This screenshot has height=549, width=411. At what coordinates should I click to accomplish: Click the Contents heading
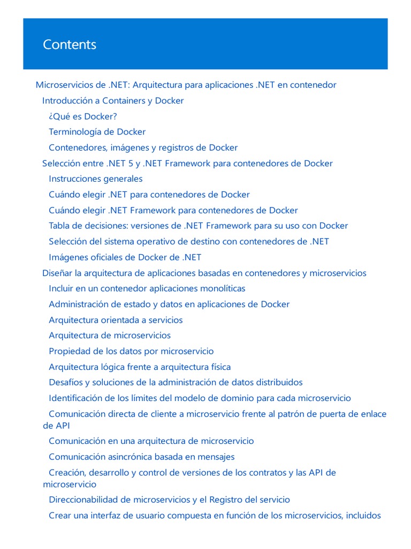point(70,44)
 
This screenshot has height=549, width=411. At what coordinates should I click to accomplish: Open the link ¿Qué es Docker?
point(82,116)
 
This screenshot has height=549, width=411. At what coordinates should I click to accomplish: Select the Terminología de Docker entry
point(97,132)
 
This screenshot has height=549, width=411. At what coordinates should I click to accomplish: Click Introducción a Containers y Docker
point(113,101)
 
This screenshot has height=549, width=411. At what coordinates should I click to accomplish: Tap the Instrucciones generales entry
point(95,179)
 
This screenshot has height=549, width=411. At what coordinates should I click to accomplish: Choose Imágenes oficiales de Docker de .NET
point(125,257)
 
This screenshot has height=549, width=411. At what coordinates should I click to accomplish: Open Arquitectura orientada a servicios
point(116,320)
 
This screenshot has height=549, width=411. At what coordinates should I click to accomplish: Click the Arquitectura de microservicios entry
point(110,336)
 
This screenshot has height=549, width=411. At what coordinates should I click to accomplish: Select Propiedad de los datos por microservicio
point(131,351)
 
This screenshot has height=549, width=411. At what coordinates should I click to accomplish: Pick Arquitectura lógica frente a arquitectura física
point(140,367)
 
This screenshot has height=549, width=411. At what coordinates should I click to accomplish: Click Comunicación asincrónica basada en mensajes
point(141,457)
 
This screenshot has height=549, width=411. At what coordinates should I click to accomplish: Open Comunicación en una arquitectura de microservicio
point(151,441)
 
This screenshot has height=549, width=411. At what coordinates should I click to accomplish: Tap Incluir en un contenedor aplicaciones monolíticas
point(147,288)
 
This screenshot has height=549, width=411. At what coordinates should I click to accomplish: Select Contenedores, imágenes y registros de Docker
point(143,147)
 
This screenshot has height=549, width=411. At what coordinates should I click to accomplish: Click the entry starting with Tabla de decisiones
point(198,226)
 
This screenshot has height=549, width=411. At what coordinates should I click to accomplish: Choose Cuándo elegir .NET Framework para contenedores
point(173,210)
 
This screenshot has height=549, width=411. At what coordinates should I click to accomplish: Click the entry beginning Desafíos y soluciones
point(176,383)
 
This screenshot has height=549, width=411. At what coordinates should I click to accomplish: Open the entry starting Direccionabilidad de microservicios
point(169,500)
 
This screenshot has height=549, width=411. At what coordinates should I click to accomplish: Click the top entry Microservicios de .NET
point(186,85)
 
